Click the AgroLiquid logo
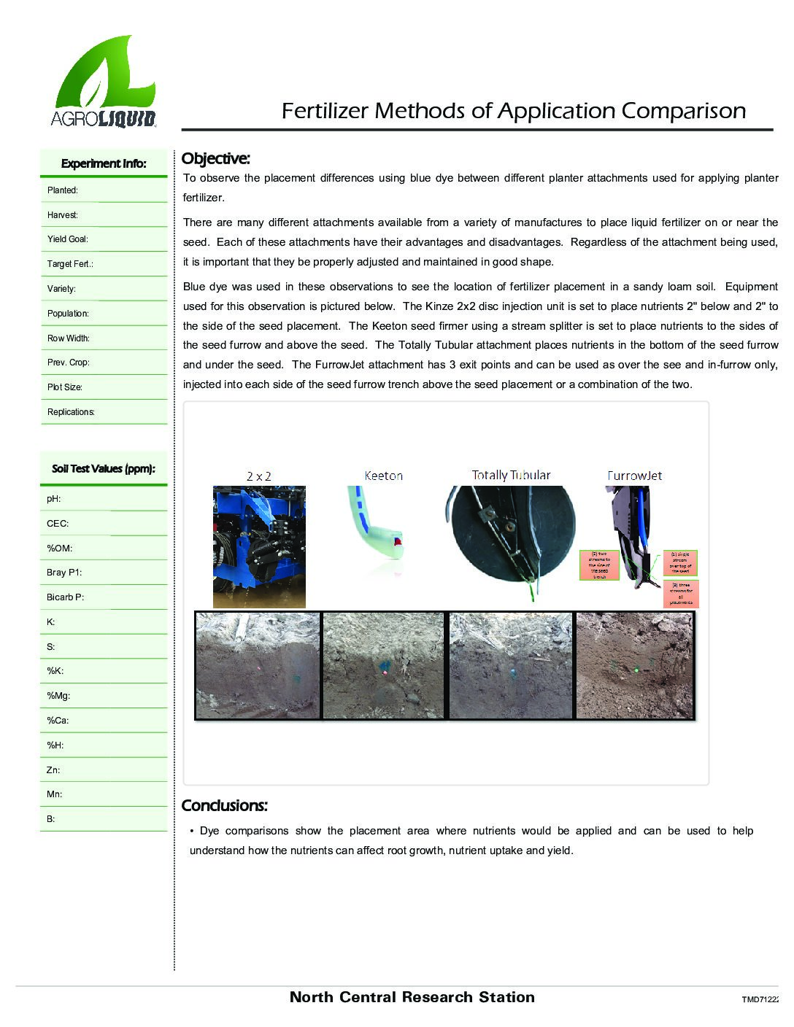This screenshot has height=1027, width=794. point(104,82)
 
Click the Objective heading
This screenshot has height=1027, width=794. point(215,158)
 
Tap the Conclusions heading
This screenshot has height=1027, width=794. point(224,805)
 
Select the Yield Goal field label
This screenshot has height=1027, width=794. point(68,239)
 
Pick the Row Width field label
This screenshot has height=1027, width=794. point(69,338)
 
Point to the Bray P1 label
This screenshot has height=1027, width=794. point(64,573)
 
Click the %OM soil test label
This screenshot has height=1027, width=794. point(59,548)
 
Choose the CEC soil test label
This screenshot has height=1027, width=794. point(57,523)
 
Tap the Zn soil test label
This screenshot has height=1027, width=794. point(53,770)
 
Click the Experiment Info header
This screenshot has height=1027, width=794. point(104,163)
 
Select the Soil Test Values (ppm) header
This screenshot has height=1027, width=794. point(104,468)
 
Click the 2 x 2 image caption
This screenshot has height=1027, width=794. point(259,476)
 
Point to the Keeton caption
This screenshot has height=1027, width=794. point(383,476)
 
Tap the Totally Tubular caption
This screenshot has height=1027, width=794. point(511,475)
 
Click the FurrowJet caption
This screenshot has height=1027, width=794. point(634,476)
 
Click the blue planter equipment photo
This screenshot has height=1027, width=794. point(259,546)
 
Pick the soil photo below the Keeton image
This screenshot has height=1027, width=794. point(383,665)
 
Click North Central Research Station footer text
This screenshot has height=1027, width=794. point(412,997)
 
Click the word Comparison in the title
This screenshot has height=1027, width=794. point(684,111)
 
